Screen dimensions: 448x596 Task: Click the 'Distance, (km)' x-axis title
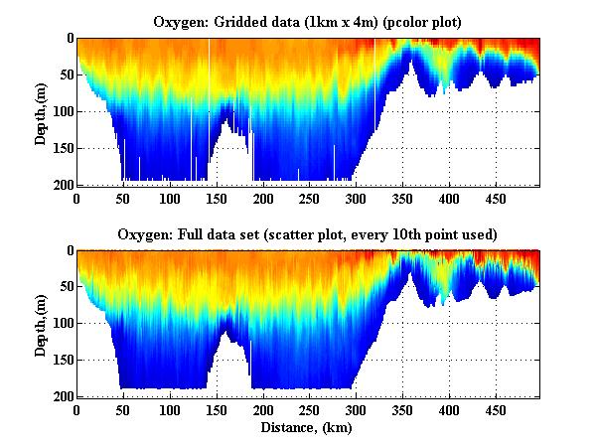pyautogui.click(x=308, y=428)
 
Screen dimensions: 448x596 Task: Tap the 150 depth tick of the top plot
pyautogui.click(x=61, y=148)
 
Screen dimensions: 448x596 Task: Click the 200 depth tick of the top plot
pyautogui.click(x=61, y=185)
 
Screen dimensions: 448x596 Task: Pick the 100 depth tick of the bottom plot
pyautogui.click(x=61, y=324)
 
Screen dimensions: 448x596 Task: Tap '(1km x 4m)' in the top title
pyautogui.click(x=329, y=20)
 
